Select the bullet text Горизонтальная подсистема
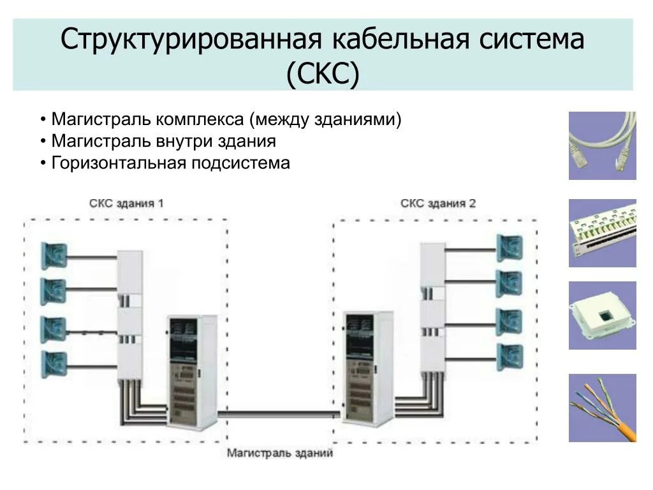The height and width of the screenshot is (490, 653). tap(170, 163)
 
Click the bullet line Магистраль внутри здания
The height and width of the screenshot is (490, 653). tap(163, 141)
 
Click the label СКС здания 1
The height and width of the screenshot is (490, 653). tap(126, 204)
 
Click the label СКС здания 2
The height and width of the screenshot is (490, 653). tap(437, 204)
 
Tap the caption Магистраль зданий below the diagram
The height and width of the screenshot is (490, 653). tap(280, 454)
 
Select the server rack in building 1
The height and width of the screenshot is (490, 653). tap(192, 371)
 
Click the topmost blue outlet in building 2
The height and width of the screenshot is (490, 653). tap(510, 248)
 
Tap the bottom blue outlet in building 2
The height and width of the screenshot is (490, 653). tap(510, 357)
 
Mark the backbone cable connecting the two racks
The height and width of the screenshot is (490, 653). tap(280, 414)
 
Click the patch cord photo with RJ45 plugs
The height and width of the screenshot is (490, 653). tap(602, 145)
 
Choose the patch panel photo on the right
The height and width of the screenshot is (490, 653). tap(602, 233)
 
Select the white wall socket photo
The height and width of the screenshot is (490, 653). tap(602, 315)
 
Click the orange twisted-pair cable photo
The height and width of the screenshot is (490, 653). tap(602, 408)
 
